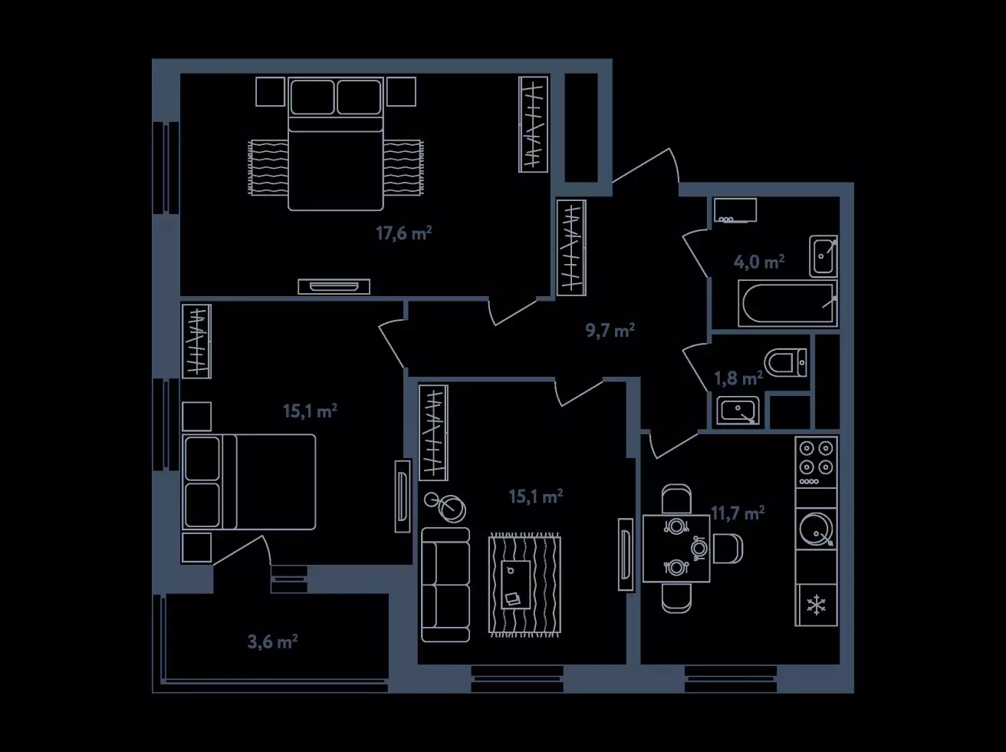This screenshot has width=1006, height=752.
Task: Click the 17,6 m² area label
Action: coord(404,233)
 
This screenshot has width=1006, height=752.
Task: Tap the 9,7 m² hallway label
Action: coord(610,330)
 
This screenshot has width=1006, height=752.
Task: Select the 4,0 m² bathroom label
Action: coord(759,262)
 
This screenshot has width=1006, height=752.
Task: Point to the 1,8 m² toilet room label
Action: coord(738,378)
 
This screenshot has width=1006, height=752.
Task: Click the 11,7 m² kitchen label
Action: coord(738,513)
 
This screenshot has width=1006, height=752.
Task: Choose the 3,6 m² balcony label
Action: coord(273,642)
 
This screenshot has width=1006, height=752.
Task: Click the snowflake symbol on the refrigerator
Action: coord(817,605)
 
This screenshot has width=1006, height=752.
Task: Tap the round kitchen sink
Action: coord(817,529)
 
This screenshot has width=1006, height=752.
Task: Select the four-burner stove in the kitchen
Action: coord(817,462)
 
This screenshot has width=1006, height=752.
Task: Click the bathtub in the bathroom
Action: coord(787,304)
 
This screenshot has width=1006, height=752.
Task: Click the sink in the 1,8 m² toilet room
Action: coord(738,411)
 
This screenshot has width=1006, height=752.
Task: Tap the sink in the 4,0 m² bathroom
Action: coord(824,256)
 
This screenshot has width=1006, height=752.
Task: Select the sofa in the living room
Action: coord(445,585)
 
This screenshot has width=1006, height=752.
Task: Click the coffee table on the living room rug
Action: coord(516,585)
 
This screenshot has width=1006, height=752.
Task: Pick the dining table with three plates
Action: coord(676,549)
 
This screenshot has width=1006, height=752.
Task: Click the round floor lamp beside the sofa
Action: coord(445,506)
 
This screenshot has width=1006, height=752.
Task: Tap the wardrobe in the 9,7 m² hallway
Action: coord(571,248)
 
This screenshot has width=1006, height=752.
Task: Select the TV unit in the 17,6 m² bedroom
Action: coord(334,286)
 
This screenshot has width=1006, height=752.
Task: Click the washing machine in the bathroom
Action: coord(735,210)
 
